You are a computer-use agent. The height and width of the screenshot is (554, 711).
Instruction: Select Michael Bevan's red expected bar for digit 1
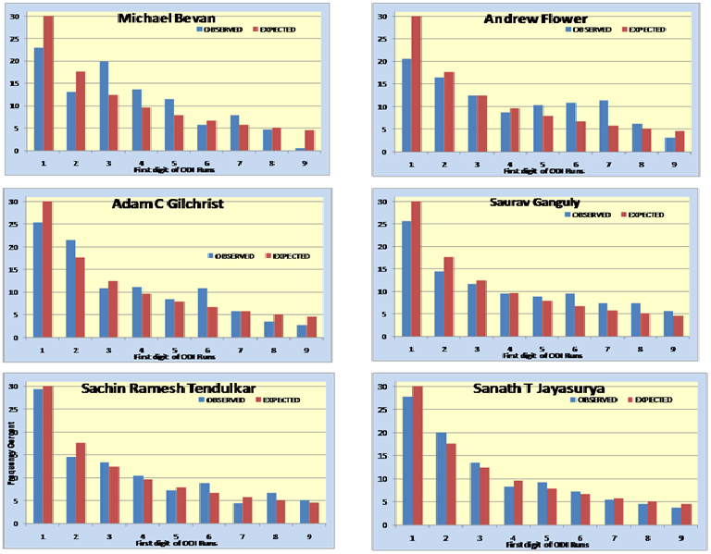(x=48, y=83)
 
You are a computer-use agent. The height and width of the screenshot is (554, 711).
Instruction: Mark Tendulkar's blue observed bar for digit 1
(x=37, y=454)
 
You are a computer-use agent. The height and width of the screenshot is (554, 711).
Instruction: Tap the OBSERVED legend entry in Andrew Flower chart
(x=591, y=30)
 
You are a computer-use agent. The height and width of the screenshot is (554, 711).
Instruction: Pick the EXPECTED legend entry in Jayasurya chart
(x=650, y=400)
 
